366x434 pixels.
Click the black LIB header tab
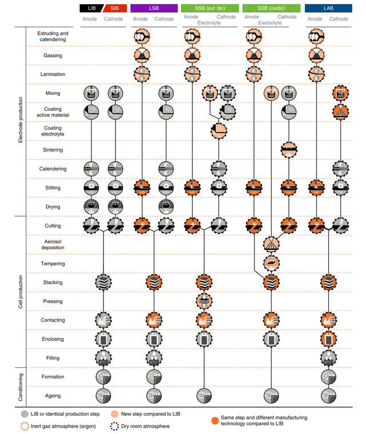tap(90, 8)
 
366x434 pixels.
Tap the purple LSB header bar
tap(153, 8)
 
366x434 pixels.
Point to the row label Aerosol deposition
tap(53, 245)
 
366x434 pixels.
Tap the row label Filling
tap(53, 358)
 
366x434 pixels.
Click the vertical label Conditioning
tap(21, 386)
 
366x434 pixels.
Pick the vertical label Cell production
tap(21, 292)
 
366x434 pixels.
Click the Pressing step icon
tap(204, 301)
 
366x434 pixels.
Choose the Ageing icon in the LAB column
tap(328, 396)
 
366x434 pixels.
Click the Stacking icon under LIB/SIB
tap(103, 282)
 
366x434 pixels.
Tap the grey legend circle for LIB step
tap(25, 413)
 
